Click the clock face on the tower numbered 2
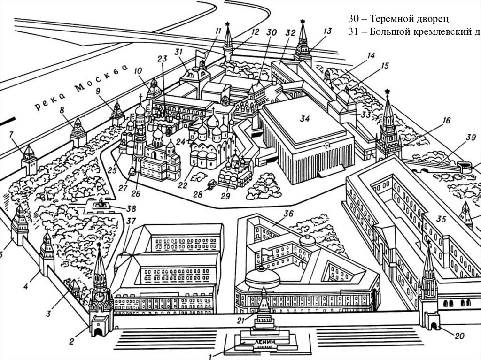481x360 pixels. click(x=100, y=297)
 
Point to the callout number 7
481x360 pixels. click(x=11, y=135)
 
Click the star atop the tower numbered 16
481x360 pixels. click(x=388, y=92)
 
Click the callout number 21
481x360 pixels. click(x=240, y=321)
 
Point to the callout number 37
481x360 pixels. click(x=131, y=221)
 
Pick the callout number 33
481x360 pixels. click(x=366, y=114)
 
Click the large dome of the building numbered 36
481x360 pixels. click(x=262, y=277)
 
